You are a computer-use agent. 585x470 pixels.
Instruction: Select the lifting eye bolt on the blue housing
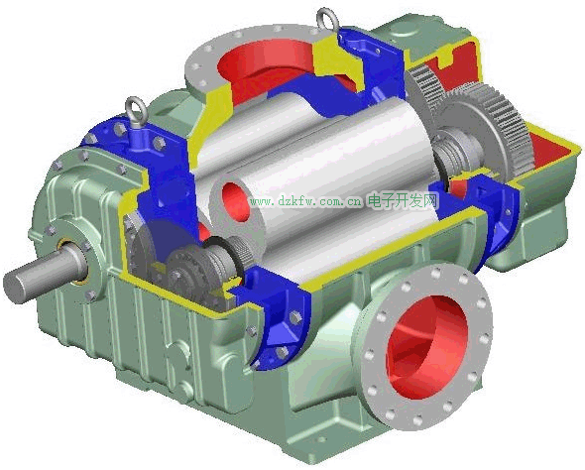pos(137,112)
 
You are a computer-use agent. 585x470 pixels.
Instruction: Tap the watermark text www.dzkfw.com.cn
pos(306,202)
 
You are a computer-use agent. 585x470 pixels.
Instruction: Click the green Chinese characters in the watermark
pos(403,201)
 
